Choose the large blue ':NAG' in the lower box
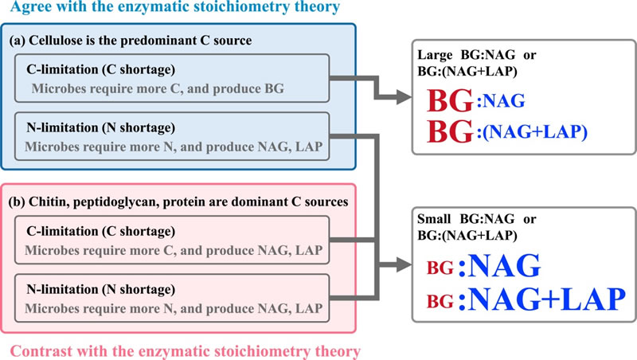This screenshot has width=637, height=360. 499,264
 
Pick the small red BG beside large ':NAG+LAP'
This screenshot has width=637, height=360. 439,301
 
